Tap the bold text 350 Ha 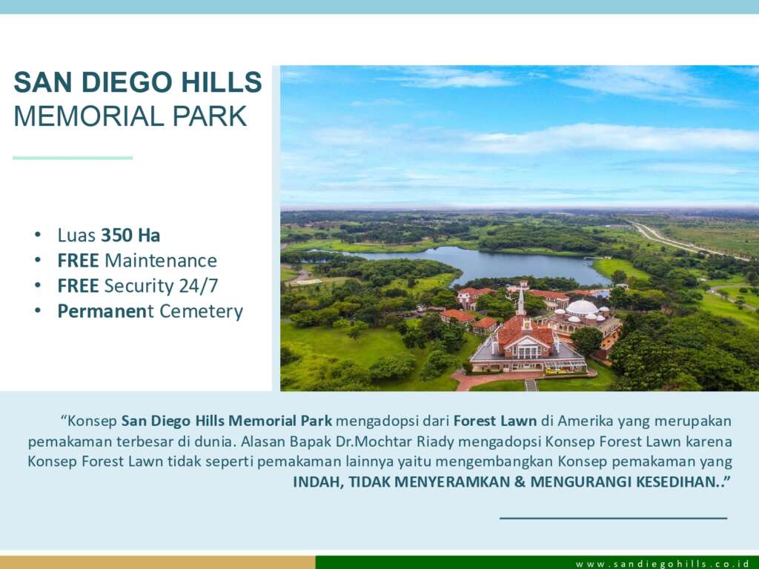point(130,235)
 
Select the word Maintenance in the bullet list point(161,260)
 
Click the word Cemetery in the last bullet point(202,311)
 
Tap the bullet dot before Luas point(38,235)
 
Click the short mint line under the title point(73,158)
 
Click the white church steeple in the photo point(521,302)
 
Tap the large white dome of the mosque point(582,307)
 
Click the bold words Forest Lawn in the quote point(495,421)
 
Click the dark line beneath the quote point(613,518)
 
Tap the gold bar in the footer point(158,562)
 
